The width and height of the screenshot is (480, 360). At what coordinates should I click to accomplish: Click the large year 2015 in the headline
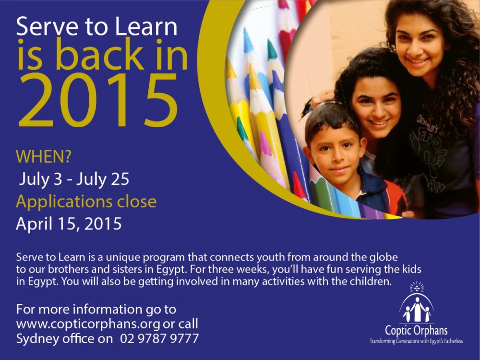click(x=98, y=100)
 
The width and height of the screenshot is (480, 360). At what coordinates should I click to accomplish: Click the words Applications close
click(x=86, y=202)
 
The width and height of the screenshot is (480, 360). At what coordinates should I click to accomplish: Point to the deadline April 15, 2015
click(x=69, y=224)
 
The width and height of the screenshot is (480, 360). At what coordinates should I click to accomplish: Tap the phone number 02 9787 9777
click(x=159, y=338)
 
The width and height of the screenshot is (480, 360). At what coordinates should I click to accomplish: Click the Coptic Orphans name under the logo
click(x=416, y=331)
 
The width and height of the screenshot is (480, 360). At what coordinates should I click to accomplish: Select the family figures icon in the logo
click(x=417, y=309)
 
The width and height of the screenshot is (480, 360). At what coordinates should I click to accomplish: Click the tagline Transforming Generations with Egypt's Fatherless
click(x=416, y=341)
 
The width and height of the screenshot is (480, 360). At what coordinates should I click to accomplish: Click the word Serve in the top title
click(x=47, y=27)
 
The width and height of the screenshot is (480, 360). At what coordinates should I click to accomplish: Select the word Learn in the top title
click(x=146, y=27)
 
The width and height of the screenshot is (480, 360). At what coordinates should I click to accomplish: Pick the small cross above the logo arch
click(x=417, y=288)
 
